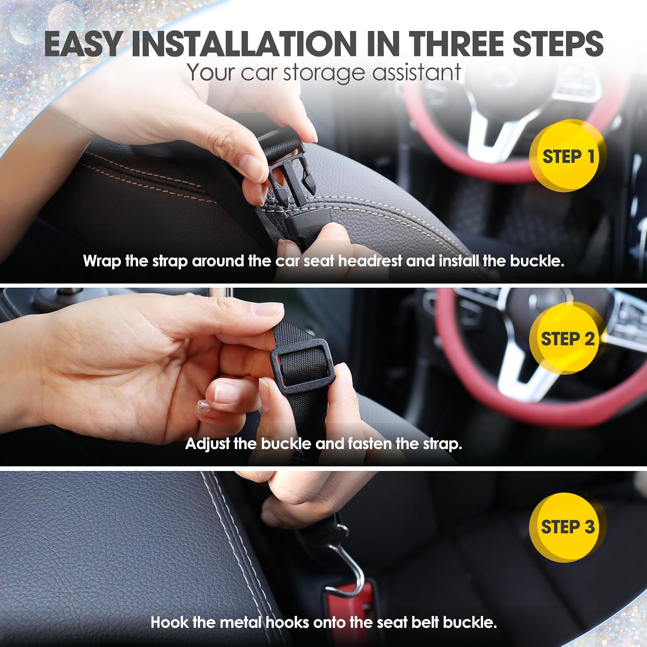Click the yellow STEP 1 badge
[x=567, y=156]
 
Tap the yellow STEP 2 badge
[x=567, y=339]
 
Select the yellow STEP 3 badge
[x=567, y=527]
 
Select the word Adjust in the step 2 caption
[x=207, y=444]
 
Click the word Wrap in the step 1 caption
[x=102, y=261]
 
